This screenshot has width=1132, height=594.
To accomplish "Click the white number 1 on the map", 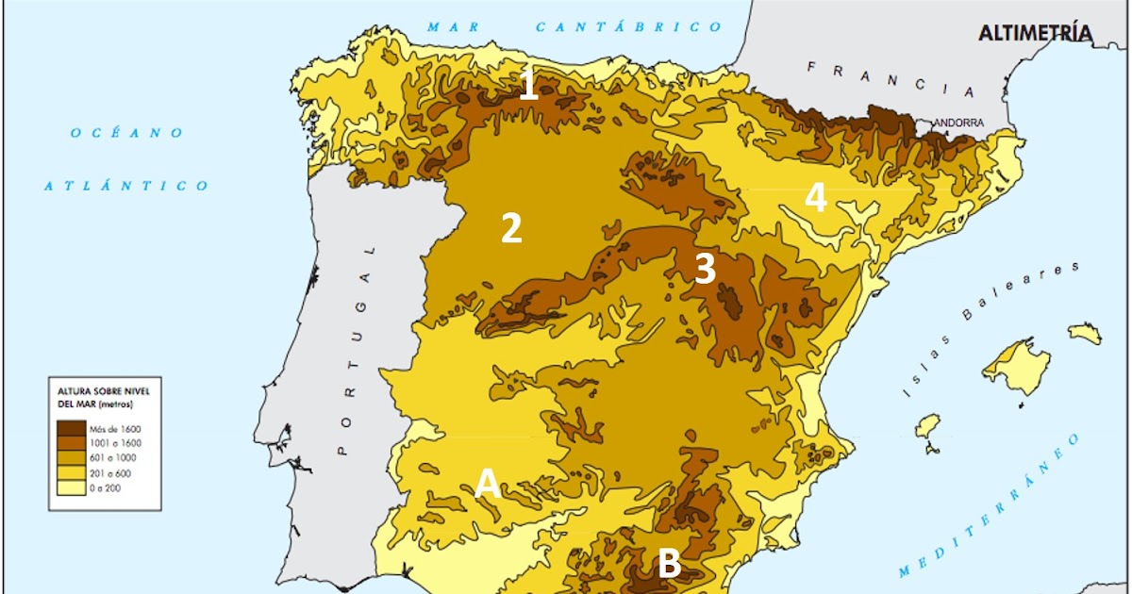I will click(528, 85).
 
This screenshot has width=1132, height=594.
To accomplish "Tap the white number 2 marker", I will click(510, 228).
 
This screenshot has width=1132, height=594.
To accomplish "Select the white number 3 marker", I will click(705, 269).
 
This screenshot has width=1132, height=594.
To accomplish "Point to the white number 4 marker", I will click(815, 199).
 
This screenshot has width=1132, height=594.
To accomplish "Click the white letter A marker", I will click(487, 483).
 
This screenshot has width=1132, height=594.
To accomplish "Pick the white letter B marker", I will click(668, 564).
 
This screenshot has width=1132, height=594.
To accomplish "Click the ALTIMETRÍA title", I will click(1036, 34).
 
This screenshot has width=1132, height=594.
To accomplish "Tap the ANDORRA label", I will click(959, 123).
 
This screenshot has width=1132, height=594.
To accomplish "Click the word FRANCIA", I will click(891, 79).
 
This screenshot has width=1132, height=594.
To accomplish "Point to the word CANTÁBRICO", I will click(629, 27).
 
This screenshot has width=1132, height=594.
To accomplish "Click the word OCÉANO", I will click(126, 133).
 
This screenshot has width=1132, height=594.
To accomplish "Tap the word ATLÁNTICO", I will click(126, 186).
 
